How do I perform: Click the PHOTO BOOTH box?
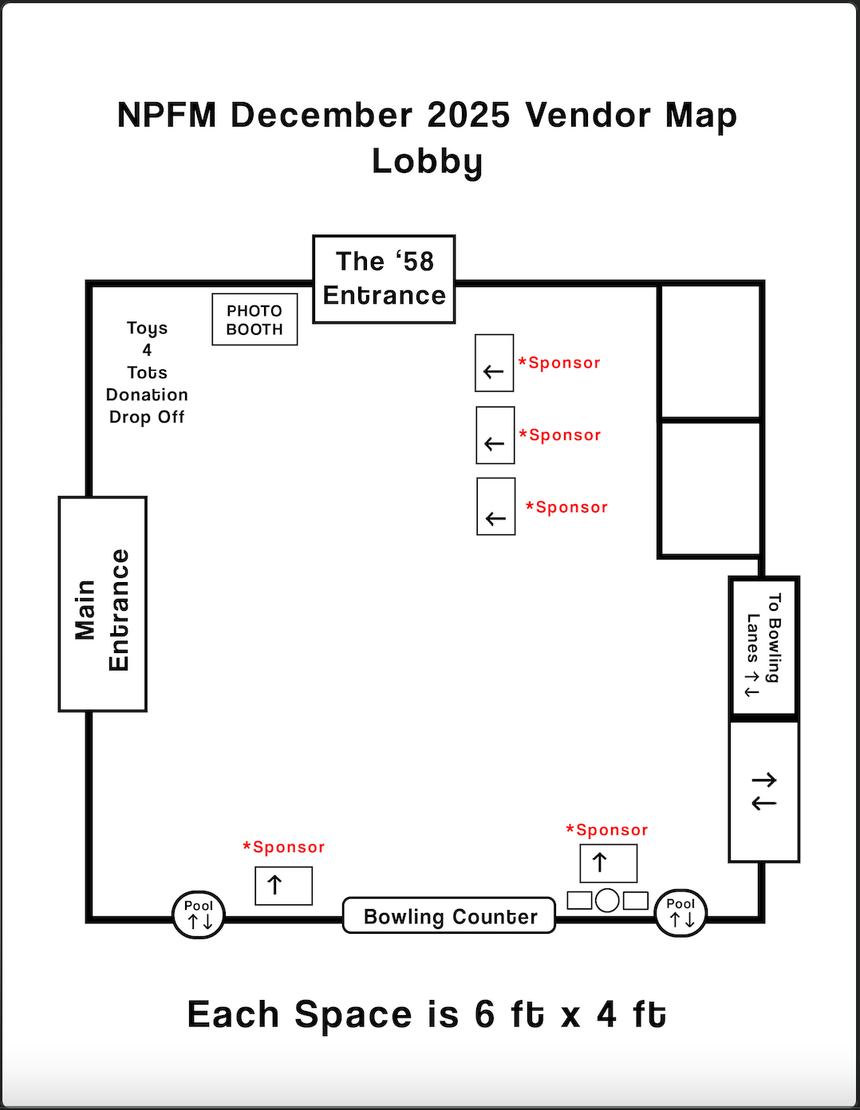pyautogui.click(x=254, y=320)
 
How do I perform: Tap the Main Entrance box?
pyautogui.click(x=102, y=604)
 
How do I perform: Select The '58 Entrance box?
pyautogui.click(x=384, y=279)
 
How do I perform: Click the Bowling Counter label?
pyautogui.click(x=449, y=916)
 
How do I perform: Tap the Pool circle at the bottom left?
pyautogui.click(x=199, y=915)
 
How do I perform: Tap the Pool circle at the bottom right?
pyautogui.click(x=681, y=913)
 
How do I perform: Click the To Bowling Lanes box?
pyautogui.click(x=763, y=646)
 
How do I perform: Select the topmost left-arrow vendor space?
pyautogui.click(x=494, y=363)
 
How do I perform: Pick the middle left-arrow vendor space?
pyautogui.click(x=495, y=435)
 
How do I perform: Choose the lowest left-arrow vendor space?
pyautogui.click(x=495, y=507)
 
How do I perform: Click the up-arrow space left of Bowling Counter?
pyautogui.click(x=283, y=885)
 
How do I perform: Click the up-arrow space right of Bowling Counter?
pyautogui.click(x=608, y=863)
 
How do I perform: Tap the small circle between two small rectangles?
pyautogui.click(x=607, y=900)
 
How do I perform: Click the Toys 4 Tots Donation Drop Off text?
pyautogui.click(x=147, y=372)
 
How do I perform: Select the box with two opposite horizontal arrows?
pyautogui.click(x=763, y=791)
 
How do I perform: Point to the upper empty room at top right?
pyautogui.click(x=709, y=351)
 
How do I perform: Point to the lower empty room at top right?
pyautogui.click(x=709, y=488)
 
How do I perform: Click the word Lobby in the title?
pyautogui.click(x=428, y=162)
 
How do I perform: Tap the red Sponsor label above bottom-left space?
pyautogui.click(x=284, y=847)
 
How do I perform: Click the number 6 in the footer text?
pyautogui.click(x=484, y=1015)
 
